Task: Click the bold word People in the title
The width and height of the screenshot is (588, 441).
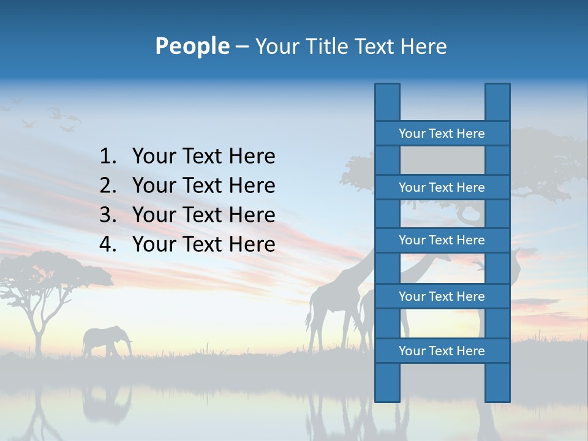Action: coord(192,46)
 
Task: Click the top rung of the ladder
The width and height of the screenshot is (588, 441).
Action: coord(442,134)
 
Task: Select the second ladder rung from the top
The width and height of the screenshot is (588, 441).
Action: coord(442,187)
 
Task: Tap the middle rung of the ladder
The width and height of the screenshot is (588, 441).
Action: coord(442,240)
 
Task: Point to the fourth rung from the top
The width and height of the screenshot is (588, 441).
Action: coord(442,296)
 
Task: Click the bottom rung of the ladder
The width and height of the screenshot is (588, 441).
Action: coord(442,351)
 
